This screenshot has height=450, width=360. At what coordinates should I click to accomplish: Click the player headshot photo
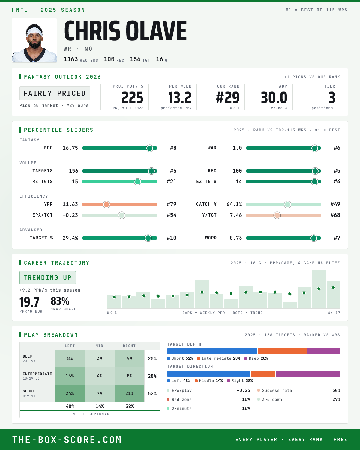[x=34, y=40]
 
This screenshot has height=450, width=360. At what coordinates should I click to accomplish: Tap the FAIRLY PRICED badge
[x=55, y=93]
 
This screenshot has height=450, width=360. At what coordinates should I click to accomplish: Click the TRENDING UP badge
[x=48, y=278]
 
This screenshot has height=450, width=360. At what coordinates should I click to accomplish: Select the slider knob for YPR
[x=106, y=204]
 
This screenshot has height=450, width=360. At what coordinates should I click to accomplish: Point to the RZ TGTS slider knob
[x=138, y=181]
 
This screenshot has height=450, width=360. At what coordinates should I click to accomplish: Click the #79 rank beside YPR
[x=172, y=204]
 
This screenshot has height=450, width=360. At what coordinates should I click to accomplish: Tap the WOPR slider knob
[x=313, y=238]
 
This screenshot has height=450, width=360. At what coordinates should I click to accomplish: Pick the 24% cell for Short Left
[x=70, y=393]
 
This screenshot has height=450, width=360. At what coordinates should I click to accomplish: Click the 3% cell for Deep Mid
[x=100, y=358]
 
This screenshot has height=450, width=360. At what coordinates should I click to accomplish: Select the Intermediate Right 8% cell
[x=130, y=376]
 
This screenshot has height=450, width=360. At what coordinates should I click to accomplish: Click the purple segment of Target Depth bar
[x=324, y=351]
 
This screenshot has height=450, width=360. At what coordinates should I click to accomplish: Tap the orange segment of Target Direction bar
[x=263, y=373]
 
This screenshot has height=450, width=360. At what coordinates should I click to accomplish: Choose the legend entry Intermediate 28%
[x=219, y=358]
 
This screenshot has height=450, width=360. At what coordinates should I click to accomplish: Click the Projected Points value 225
[x=132, y=98]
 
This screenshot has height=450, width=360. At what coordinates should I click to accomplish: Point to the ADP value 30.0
[x=274, y=98]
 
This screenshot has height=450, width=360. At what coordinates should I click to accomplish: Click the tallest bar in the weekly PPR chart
[x=319, y=289]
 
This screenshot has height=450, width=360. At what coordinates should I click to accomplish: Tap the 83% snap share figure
[x=60, y=301]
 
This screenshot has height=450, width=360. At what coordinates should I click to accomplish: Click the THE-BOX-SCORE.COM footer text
[x=67, y=439]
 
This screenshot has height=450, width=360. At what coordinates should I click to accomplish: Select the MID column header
[x=99, y=346]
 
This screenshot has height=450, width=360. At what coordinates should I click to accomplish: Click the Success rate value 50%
[x=336, y=390]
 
